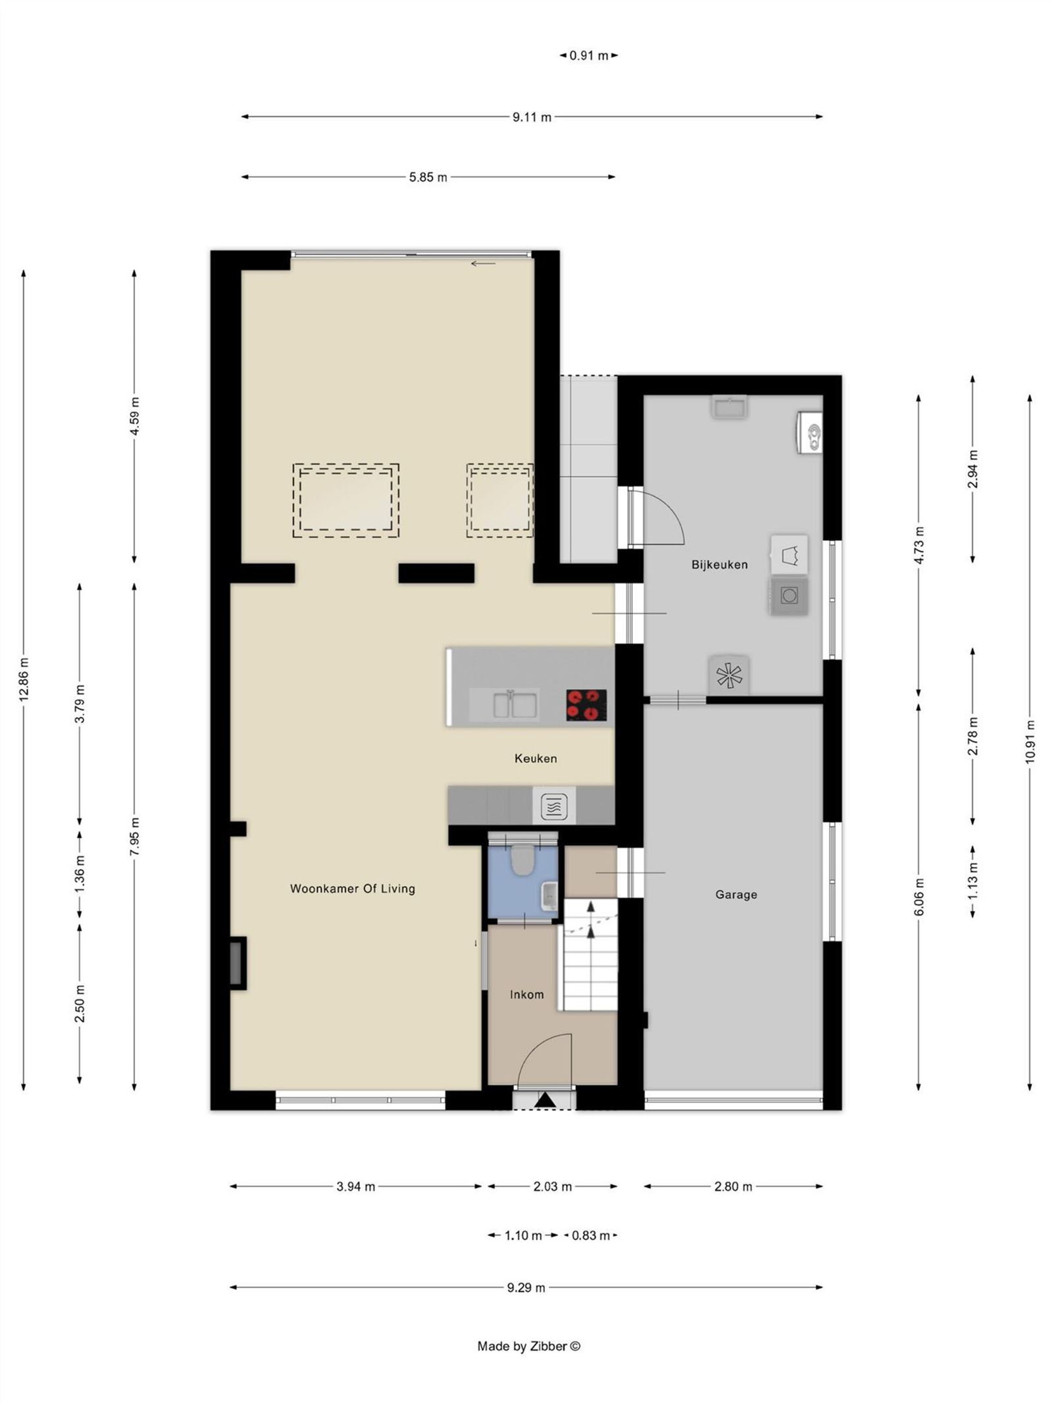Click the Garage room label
coord(735,895)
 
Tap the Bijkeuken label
coord(719,565)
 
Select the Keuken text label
coord(535,758)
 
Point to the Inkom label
coord(526,995)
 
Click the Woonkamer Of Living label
coord(352,889)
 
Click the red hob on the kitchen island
coord(586,704)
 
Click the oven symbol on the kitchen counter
coord(553,806)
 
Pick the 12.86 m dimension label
coord(24,679)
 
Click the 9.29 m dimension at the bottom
coord(526,1287)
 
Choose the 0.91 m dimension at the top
coord(588,56)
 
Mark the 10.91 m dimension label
coord(1029,741)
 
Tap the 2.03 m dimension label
coord(552,1187)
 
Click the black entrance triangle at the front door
coord(544,1100)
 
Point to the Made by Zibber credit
coord(528,1346)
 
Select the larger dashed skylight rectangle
coord(346,501)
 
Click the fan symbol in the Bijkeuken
coord(729,675)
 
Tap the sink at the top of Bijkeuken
coord(729,407)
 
